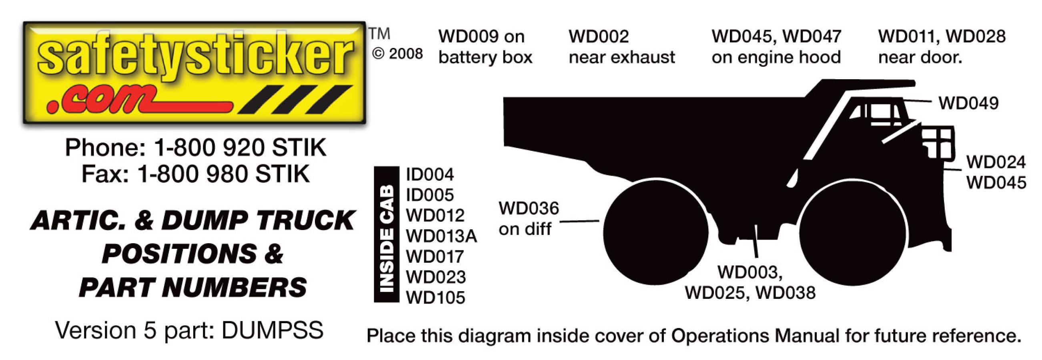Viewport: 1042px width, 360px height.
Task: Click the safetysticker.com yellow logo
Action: pos(194,73)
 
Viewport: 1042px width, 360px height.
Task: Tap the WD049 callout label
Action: pos(968,104)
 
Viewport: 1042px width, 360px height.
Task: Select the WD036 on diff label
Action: pos(528,219)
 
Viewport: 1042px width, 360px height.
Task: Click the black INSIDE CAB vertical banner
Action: pos(387,235)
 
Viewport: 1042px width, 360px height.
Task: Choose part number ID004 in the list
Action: pos(430,175)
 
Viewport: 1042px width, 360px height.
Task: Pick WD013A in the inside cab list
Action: pos(441,236)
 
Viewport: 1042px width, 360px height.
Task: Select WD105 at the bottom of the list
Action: pos(435,298)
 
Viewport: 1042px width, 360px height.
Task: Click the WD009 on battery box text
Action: pos(485,47)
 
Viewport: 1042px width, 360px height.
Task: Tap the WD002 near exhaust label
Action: pos(621,47)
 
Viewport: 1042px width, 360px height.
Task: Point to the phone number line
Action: pos(195,148)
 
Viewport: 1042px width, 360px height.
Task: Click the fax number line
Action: pos(195,174)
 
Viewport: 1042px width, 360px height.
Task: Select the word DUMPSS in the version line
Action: pos(272,330)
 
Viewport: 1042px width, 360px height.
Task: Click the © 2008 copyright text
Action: pos(397,54)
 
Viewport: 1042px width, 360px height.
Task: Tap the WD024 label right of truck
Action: pos(996,163)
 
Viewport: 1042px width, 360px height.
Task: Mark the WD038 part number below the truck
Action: pos(786,293)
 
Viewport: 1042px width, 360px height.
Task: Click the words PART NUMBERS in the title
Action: pos(193,287)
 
